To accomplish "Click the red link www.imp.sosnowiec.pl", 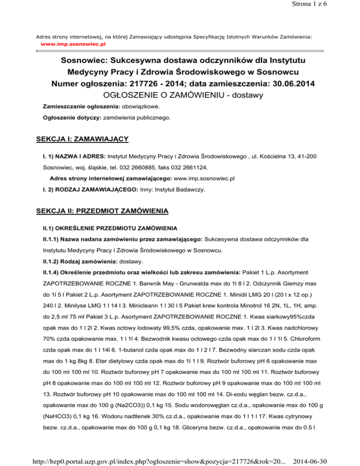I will [73, 43].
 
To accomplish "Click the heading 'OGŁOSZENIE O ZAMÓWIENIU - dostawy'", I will [180, 96].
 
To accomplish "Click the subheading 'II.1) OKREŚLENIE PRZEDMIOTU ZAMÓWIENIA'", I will [110, 229].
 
